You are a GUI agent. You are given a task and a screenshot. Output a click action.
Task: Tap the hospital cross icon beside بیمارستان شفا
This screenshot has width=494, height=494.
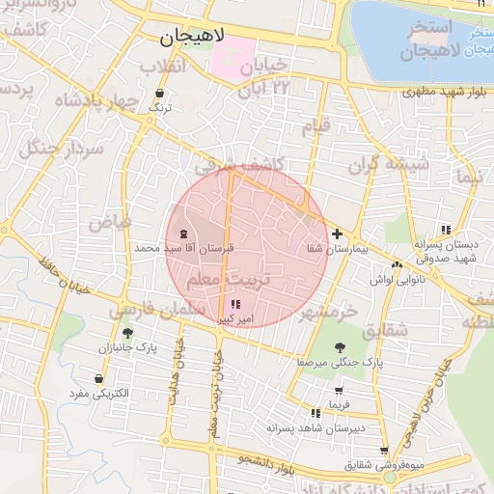click(x=337, y=233)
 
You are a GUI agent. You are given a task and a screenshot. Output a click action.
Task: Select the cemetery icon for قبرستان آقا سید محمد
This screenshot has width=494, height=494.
click(x=183, y=234)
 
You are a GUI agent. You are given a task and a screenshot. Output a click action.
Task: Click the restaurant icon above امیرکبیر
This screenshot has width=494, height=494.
click(x=236, y=305)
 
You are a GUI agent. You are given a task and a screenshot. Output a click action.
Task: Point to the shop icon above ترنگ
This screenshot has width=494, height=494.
click(x=159, y=95)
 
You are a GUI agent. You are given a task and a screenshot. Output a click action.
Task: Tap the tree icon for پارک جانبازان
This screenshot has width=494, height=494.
click(x=127, y=333)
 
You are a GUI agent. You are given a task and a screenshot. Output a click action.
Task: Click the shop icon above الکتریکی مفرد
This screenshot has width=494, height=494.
click(x=98, y=379)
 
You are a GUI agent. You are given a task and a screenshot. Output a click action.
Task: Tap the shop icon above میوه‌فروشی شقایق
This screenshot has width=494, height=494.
click(x=384, y=451)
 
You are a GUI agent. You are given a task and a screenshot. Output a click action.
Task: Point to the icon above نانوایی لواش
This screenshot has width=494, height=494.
click(x=397, y=264)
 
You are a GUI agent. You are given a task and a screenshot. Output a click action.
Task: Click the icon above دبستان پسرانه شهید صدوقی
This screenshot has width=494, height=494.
click(x=445, y=230)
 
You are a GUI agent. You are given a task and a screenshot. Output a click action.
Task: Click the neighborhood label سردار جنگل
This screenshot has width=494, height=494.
click(x=50, y=145)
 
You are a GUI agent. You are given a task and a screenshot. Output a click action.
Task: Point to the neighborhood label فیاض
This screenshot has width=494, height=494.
click(x=110, y=221)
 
